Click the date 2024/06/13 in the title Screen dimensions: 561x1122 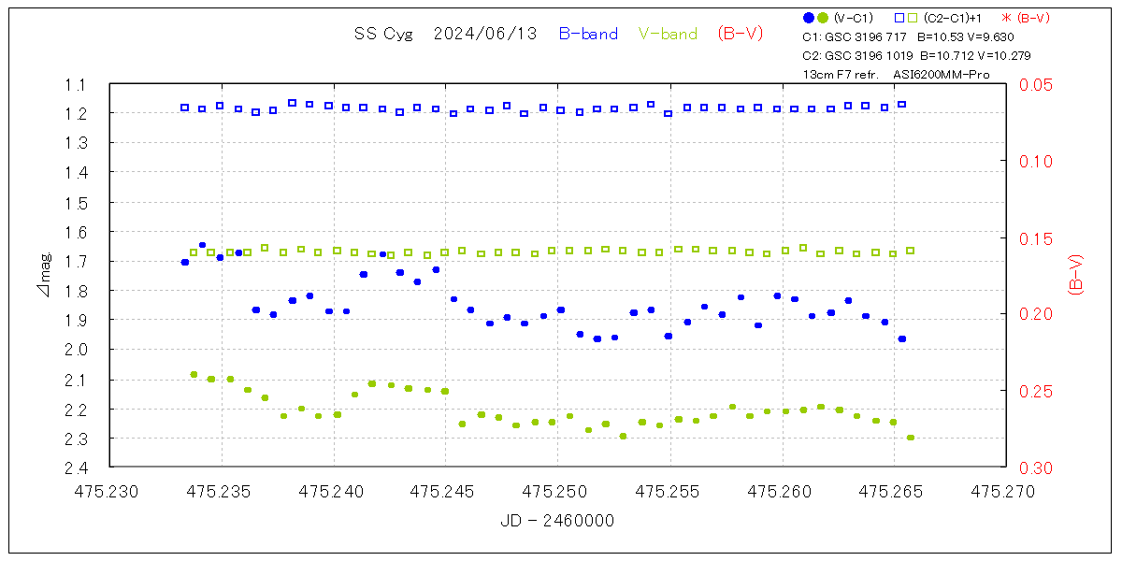(x=485, y=34)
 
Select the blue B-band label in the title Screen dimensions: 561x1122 (x=588, y=34)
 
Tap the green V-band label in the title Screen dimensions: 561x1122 (x=668, y=34)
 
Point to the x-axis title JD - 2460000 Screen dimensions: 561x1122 (x=557, y=521)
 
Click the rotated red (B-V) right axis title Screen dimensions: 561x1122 (x=1075, y=275)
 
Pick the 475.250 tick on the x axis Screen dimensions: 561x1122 (x=558, y=490)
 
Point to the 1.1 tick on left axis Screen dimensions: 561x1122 (x=75, y=84)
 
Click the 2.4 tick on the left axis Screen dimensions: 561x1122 (x=75, y=467)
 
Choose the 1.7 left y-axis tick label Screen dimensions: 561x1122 (x=75, y=261)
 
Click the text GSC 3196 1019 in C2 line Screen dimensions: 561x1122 (x=867, y=55)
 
